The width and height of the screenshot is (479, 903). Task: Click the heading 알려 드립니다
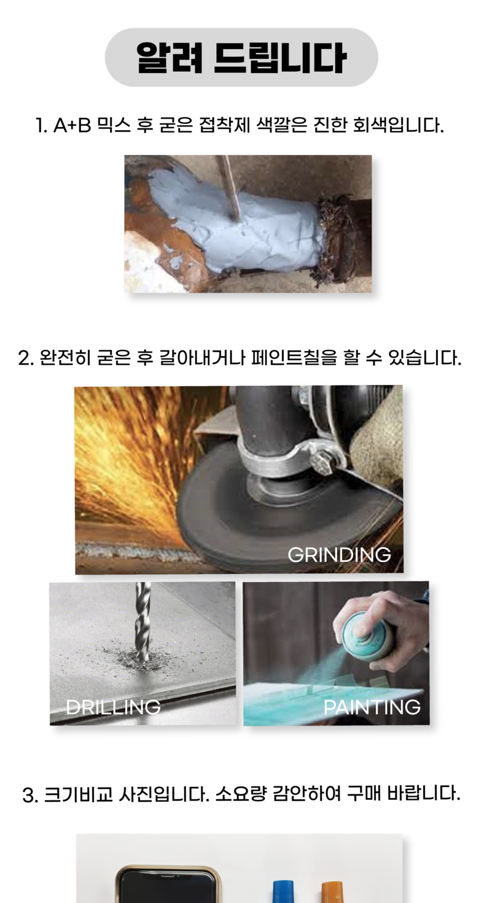[x=241, y=58]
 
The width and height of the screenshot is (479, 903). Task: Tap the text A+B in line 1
[x=72, y=125]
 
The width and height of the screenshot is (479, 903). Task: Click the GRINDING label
[x=339, y=555]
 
